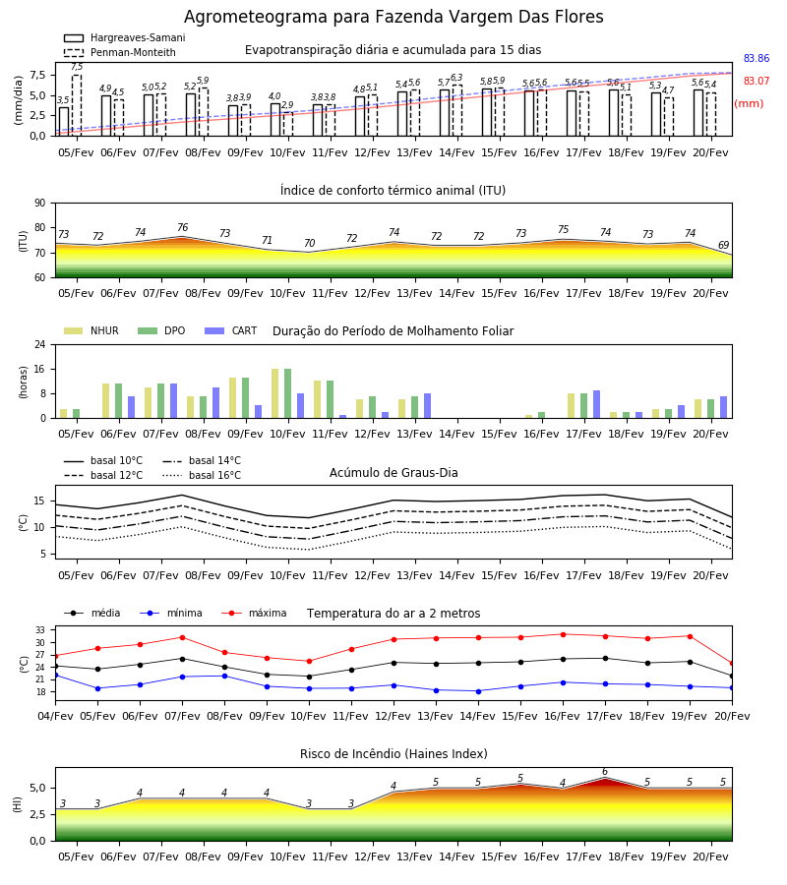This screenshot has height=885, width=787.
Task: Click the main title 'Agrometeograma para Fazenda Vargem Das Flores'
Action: (x=393, y=17)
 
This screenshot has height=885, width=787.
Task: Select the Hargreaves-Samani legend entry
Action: (x=124, y=37)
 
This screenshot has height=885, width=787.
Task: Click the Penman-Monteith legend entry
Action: (x=120, y=52)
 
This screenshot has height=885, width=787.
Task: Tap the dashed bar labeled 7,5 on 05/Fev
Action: (x=77, y=105)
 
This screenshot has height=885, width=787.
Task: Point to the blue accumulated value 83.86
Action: (x=757, y=58)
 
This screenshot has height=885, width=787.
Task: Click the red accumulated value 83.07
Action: (x=757, y=81)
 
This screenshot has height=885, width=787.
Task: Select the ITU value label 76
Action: (x=182, y=227)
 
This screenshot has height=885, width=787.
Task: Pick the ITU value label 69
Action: (x=723, y=245)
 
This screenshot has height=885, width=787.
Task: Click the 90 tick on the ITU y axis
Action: (x=40, y=204)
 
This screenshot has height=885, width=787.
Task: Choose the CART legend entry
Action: (x=231, y=330)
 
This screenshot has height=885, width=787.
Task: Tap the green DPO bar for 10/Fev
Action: (x=288, y=393)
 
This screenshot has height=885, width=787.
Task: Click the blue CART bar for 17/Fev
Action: (x=597, y=404)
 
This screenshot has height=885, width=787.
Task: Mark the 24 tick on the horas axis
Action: (x=40, y=344)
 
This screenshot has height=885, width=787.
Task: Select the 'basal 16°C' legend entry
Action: (x=202, y=475)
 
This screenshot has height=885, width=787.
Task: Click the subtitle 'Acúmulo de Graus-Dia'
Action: (x=393, y=473)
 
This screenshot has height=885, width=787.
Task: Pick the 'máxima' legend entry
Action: (x=255, y=613)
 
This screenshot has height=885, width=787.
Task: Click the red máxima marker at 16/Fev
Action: (x=563, y=634)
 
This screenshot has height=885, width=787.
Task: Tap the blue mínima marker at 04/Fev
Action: (x=56, y=675)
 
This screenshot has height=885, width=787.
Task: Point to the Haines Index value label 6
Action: (x=605, y=772)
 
